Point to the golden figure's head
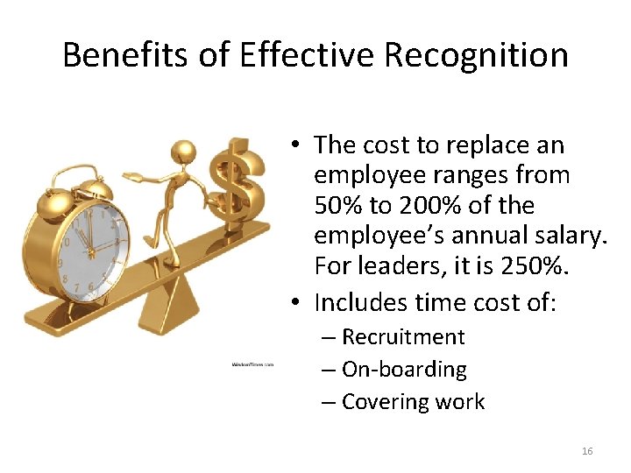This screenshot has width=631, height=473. (x=181, y=151)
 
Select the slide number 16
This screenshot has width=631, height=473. (x=587, y=451)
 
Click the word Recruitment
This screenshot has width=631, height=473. (x=403, y=337)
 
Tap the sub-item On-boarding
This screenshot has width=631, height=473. (x=404, y=370)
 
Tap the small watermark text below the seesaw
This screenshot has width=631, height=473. (x=252, y=364)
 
